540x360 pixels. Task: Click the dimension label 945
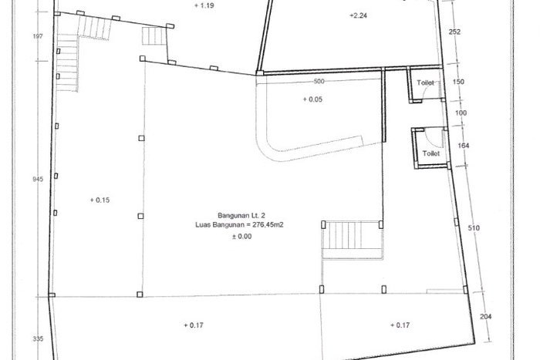[x=38, y=179]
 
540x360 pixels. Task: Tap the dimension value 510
[x=474, y=228]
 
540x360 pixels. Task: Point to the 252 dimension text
[x=454, y=32]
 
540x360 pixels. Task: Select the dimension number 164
[x=463, y=146]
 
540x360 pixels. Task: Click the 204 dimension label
[x=485, y=316]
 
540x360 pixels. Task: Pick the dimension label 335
[x=38, y=338]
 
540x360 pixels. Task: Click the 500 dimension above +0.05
[x=319, y=81]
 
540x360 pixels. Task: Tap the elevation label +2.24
[x=358, y=15]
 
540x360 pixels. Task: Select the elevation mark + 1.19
[x=204, y=5]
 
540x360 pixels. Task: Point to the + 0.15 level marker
[x=100, y=200]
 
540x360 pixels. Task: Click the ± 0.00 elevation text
[x=241, y=237]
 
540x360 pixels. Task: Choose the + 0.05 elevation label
[x=312, y=99]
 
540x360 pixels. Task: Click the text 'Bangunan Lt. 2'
[x=241, y=215]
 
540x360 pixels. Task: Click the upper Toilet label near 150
[x=425, y=82]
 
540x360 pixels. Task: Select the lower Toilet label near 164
[x=431, y=153]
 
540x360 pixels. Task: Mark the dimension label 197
[x=38, y=35]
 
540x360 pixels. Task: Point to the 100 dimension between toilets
[x=461, y=113]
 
